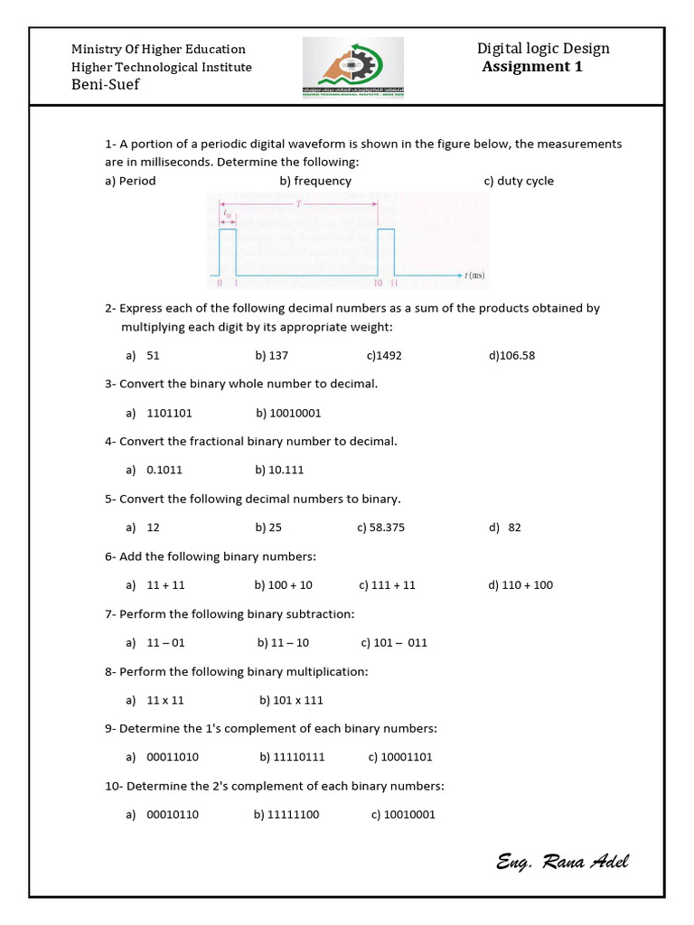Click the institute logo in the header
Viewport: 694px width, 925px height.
[353, 68]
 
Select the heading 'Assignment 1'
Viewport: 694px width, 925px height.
[532, 67]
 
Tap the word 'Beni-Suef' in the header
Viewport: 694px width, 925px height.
[106, 85]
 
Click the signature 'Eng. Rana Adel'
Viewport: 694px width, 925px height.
[562, 861]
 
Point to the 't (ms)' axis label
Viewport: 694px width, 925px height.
[474, 275]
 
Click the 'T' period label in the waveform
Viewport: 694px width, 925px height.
[298, 205]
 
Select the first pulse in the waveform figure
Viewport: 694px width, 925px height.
[228, 252]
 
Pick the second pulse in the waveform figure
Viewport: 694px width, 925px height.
[386, 252]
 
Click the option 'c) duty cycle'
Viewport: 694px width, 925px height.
[519, 181]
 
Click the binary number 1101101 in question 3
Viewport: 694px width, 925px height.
[169, 413]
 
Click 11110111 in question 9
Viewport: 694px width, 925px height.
[297, 757]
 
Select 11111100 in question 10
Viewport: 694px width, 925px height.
[294, 815]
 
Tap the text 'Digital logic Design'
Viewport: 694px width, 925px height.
[543, 49]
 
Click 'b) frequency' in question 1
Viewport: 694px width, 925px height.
[315, 181]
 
